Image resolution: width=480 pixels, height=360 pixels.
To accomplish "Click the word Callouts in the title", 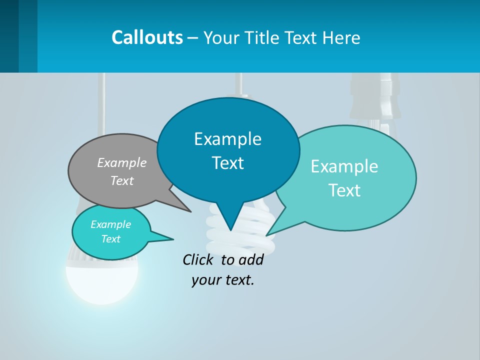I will (147, 37).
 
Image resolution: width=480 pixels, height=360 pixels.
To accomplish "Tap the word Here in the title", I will (341, 37).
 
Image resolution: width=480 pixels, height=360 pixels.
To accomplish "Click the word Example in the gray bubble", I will (122, 163).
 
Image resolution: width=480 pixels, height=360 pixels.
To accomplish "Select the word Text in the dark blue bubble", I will (228, 163).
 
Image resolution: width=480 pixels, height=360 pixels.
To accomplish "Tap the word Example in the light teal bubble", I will (344, 166).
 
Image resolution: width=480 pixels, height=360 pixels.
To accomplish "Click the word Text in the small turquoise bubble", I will (111, 239).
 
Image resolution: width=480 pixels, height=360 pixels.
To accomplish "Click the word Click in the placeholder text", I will (197, 260).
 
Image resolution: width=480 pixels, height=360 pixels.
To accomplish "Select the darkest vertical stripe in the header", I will (9, 36).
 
